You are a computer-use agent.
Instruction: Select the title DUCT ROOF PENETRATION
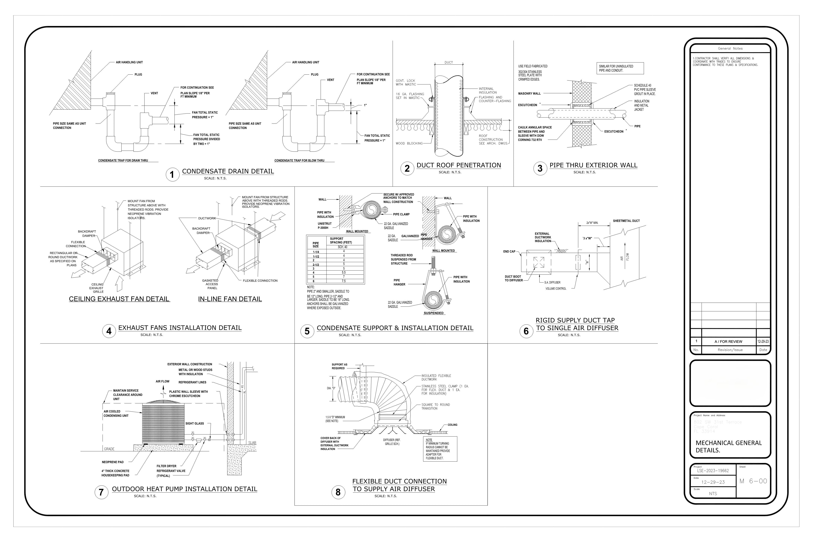click(x=459, y=165)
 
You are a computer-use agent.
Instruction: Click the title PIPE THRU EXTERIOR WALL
click(x=593, y=165)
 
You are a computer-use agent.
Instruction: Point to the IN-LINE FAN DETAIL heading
click(x=230, y=299)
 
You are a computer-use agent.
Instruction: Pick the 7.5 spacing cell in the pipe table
click(x=344, y=281)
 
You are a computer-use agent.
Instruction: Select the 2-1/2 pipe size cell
click(x=316, y=264)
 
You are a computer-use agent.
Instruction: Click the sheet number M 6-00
click(x=753, y=481)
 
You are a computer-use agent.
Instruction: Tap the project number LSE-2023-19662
click(x=713, y=471)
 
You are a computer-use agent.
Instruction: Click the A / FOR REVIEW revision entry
click(x=728, y=342)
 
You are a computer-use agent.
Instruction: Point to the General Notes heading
click(x=730, y=48)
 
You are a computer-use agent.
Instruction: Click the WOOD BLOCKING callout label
click(x=409, y=143)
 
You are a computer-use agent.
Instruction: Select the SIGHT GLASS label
click(x=195, y=423)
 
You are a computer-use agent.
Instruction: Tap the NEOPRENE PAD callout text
click(x=113, y=462)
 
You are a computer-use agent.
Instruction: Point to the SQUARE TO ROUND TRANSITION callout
click(x=435, y=406)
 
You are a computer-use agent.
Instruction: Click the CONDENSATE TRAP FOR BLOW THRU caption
click(x=299, y=160)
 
